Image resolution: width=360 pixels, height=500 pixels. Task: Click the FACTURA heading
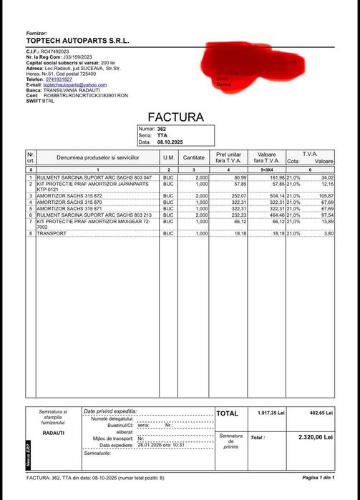pos(175,117)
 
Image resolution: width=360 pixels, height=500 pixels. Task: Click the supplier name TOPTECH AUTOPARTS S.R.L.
pos(77,41)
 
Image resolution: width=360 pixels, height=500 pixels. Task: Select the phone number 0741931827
pos(59,79)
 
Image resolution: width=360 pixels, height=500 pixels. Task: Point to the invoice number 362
pos(162,129)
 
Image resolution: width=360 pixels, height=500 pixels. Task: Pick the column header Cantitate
pos(193,157)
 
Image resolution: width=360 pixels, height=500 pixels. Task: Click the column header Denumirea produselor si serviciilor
pos(97,157)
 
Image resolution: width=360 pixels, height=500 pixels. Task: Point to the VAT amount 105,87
pos(325,195)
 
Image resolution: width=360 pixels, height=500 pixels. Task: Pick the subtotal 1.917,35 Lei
pos(271,413)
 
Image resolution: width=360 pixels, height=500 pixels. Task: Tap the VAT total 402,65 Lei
pos(318,413)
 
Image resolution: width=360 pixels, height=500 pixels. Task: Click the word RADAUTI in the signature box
pos(54,433)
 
